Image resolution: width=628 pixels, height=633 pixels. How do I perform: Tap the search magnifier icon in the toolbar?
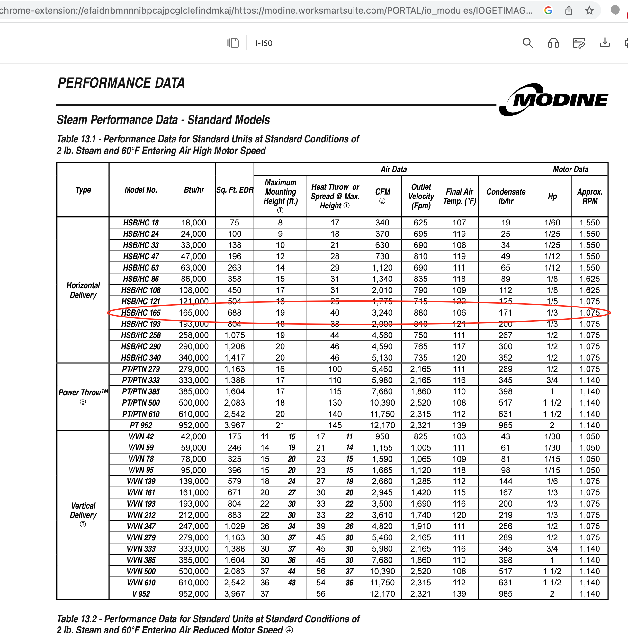pos(527,43)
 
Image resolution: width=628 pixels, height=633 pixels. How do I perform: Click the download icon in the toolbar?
pos(605,43)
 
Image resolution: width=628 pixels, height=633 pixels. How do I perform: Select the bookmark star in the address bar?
pos(589,11)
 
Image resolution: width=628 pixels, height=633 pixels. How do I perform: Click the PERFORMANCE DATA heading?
pos(121,83)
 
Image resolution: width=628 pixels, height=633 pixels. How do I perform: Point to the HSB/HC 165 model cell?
pos(141,313)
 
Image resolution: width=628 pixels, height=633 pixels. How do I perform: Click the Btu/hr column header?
pos(194,190)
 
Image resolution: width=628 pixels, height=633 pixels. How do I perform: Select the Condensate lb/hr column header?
pos(506,196)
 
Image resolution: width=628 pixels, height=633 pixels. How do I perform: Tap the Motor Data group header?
pos(570,169)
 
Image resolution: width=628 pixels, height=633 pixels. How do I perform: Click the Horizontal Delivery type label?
pos(83,290)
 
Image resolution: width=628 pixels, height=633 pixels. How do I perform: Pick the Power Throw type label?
pos(83,392)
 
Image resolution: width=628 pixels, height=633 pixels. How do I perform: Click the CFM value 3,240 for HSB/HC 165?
pos(382,313)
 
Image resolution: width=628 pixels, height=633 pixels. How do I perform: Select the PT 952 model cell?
pos(141,425)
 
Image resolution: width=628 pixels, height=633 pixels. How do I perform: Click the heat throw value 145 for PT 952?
pos(335,425)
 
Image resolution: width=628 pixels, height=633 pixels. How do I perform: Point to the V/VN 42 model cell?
pos(141,436)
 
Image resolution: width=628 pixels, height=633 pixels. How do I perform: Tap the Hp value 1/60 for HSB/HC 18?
pos(552,223)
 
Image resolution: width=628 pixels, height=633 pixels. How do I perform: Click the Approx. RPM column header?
pos(589,196)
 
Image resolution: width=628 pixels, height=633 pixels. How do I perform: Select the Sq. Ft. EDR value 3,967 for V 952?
pos(234,594)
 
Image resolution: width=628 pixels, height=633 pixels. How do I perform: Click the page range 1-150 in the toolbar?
pos(263,43)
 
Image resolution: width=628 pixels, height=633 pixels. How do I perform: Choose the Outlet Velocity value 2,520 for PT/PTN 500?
pos(421,403)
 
